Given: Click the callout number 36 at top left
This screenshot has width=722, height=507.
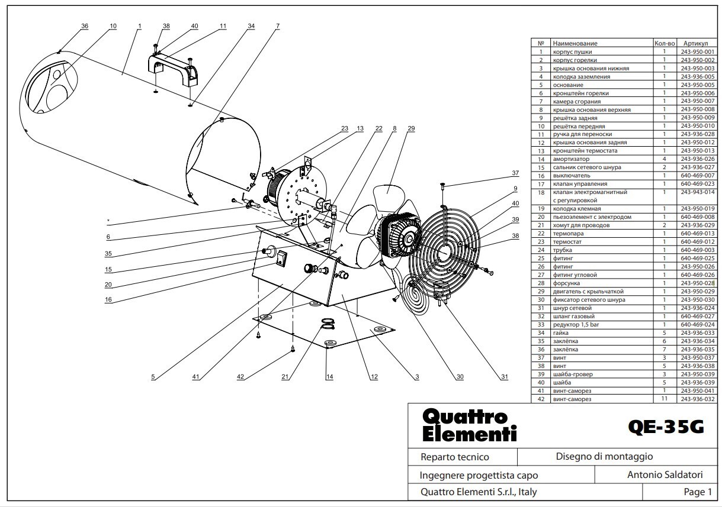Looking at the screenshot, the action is [x=85, y=26].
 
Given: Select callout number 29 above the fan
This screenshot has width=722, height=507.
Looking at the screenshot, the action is [x=411, y=128].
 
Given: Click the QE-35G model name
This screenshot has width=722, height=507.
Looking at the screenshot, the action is [x=666, y=427].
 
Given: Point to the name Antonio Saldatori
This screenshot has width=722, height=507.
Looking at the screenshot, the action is [x=665, y=474].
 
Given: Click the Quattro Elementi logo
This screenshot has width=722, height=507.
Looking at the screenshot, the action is [x=469, y=425].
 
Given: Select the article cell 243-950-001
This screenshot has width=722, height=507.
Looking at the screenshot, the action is [x=698, y=51].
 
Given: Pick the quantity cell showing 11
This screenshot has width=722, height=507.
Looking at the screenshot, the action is [x=664, y=399].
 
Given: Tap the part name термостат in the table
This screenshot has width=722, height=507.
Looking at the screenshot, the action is [x=567, y=242].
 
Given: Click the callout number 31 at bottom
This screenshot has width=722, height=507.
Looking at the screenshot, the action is [x=504, y=377].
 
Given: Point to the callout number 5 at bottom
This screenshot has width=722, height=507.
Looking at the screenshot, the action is [x=153, y=377].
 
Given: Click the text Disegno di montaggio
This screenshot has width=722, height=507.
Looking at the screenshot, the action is [x=604, y=456].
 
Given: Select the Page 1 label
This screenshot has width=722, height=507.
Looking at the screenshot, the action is [x=698, y=492].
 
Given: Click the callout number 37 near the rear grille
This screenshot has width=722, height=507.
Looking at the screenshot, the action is [x=515, y=173].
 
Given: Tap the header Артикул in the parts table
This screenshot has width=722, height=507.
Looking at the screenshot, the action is [x=695, y=43].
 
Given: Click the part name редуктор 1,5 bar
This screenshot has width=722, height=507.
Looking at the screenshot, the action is [x=576, y=324].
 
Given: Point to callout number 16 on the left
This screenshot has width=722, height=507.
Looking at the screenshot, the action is [x=108, y=299].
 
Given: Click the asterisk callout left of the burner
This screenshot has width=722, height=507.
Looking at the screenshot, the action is [x=108, y=221].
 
